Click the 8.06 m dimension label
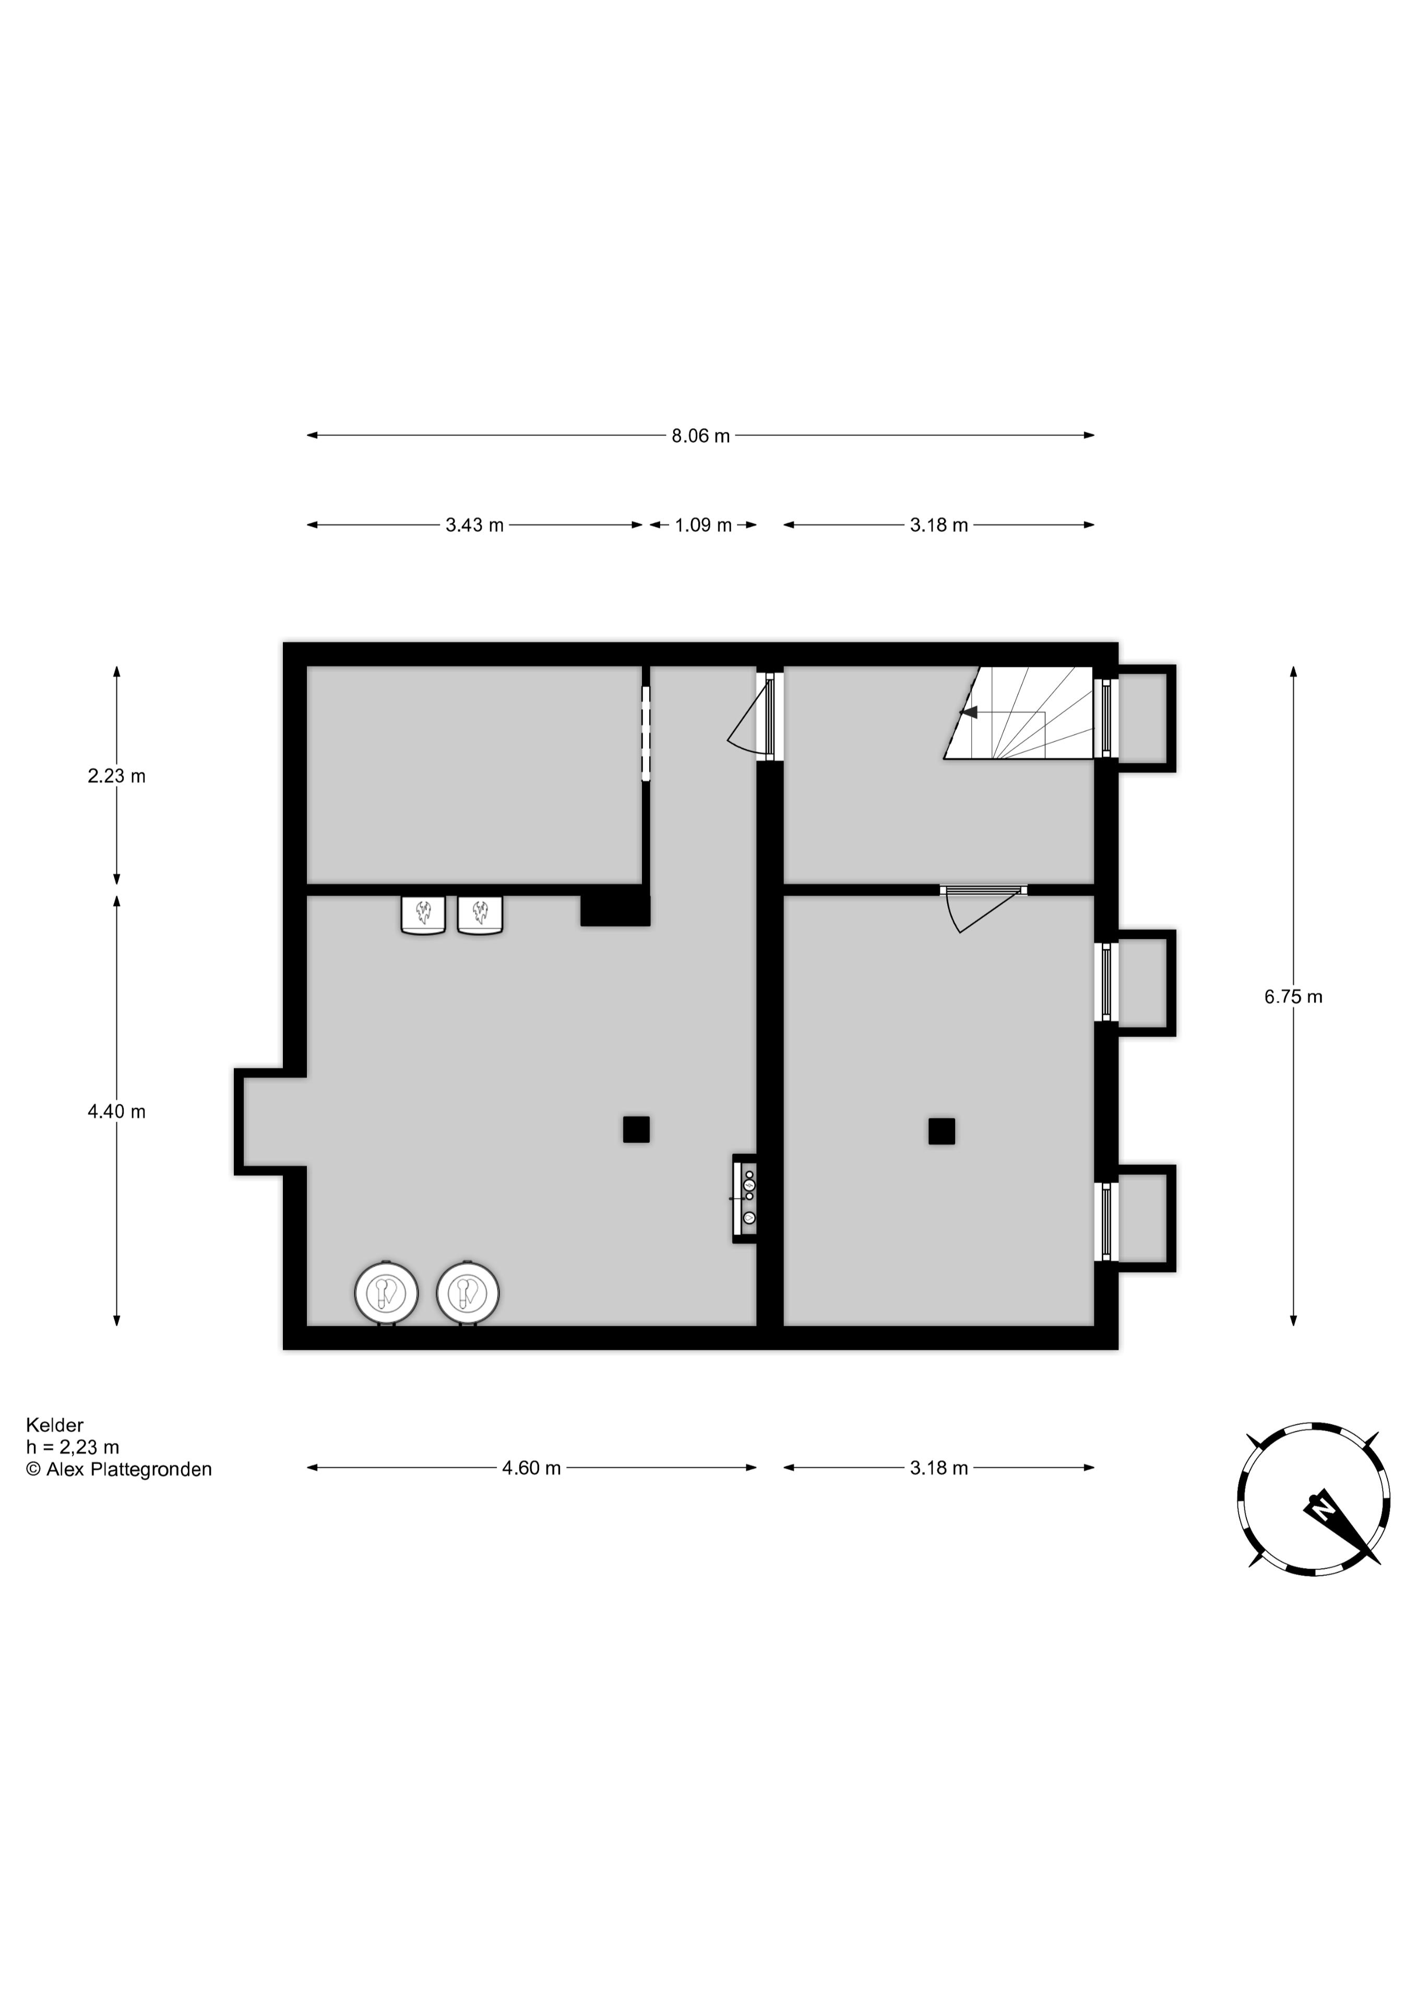click(x=700, y=436)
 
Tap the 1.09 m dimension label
click(x=703, y=526)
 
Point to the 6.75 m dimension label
click(x=1293, y=996)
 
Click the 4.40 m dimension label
click(x=116, y=1112)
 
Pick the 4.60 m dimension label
click(x=531, y=1468)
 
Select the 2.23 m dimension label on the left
click(x=116, y=775)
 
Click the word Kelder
click(x=54, y=1426)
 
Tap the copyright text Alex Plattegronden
click(x=119, y=1470)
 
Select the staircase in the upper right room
click(x=1021, y=713)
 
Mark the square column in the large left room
click(x=636, y=1129)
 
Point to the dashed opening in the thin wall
click(x=646, y=734)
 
